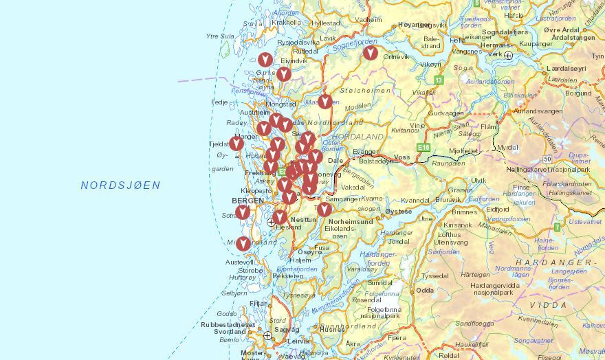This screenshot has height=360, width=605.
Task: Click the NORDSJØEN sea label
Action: tap(120, 185)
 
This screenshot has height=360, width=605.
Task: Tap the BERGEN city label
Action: tap(247, 201)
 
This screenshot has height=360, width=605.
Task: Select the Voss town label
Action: tap(401, 157)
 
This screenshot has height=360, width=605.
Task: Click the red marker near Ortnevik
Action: tap(371, 52)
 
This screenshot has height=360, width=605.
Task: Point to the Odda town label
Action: tap(425, 290)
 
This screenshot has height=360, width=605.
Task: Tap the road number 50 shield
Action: tap(547, 159)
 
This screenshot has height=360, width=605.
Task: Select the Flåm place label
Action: tap(488, 127)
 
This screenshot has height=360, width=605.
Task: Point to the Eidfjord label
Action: tap(497, 209)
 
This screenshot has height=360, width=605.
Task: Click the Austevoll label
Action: tap(239, 262)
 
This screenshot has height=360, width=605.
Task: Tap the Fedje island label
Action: tap(219, 102)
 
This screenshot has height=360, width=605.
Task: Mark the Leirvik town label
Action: tap(299, 340)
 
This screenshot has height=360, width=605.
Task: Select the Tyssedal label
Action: tap(434, 275)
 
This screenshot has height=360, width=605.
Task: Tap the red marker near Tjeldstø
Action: tap(236, 143)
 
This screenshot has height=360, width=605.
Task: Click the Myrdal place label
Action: tap(508, 147)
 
